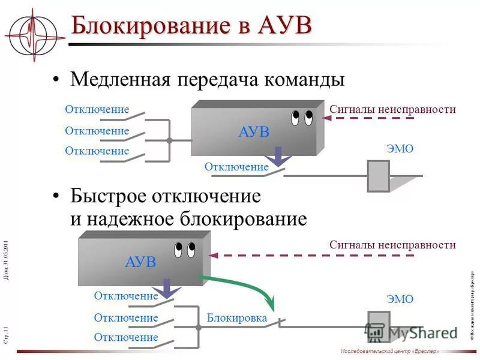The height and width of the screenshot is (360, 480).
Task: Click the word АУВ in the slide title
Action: click(x=286, y=26)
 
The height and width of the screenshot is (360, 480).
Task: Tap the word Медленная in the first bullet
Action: click(x=120, y=80)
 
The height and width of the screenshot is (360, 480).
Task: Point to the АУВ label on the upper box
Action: click(x=254, y=132)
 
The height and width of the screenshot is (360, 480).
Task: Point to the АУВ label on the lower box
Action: click(x=140, y=262)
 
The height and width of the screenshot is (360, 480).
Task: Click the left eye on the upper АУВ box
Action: click(x=295, y=118)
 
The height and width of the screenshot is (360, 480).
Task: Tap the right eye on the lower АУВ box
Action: click(x=191, y=248)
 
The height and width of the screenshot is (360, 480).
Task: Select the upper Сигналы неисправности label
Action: click(x=392, y=109)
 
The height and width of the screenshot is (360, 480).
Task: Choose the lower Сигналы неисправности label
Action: click(x=392, y=245)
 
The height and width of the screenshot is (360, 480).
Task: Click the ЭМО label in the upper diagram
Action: click(x=399, y=149)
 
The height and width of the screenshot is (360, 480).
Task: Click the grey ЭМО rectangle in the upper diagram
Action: click(x=378, y=176)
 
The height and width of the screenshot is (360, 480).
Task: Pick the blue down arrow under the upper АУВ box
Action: click(x=278, y=156)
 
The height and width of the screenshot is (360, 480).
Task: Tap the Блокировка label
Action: click(x=236, y=318)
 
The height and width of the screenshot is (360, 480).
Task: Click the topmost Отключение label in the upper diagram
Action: click(x=97, y=110)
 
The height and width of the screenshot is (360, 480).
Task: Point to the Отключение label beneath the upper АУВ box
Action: click(x=236, y=167)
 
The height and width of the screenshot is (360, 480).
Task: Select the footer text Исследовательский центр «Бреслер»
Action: click(x=389, y=351)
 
